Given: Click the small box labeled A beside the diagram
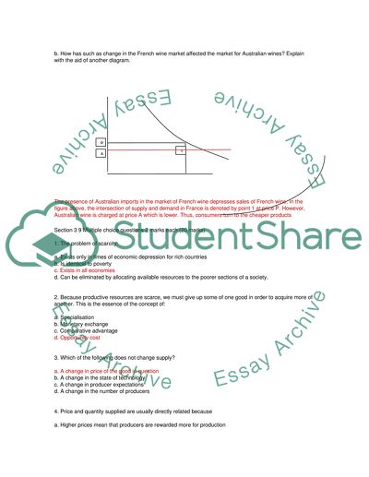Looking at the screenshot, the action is (101, 154).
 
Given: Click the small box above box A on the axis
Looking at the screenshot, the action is (101, 142).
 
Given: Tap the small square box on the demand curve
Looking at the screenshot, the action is (182, 149).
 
